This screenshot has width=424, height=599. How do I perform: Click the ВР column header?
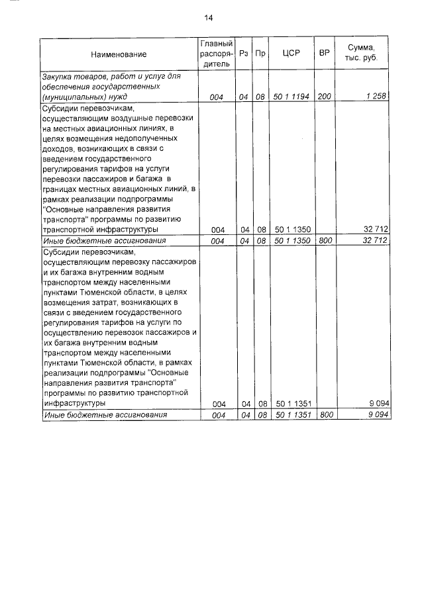tap(325, 54)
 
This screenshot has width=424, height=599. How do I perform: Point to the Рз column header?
tap(244, 54)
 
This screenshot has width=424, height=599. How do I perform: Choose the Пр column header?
tap(260, 54)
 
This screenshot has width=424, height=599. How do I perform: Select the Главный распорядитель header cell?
tap(216, 54)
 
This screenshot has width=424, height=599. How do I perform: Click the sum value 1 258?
tap(376, 97)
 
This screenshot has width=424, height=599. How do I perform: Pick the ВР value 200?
tap(325, 97)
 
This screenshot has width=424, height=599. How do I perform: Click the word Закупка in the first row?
tap(59, 77)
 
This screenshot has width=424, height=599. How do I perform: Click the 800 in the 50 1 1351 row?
tap(325, 415)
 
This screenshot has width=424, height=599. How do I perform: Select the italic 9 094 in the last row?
tap(376, 415)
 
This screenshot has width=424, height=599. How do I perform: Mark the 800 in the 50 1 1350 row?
tap(325, 241)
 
